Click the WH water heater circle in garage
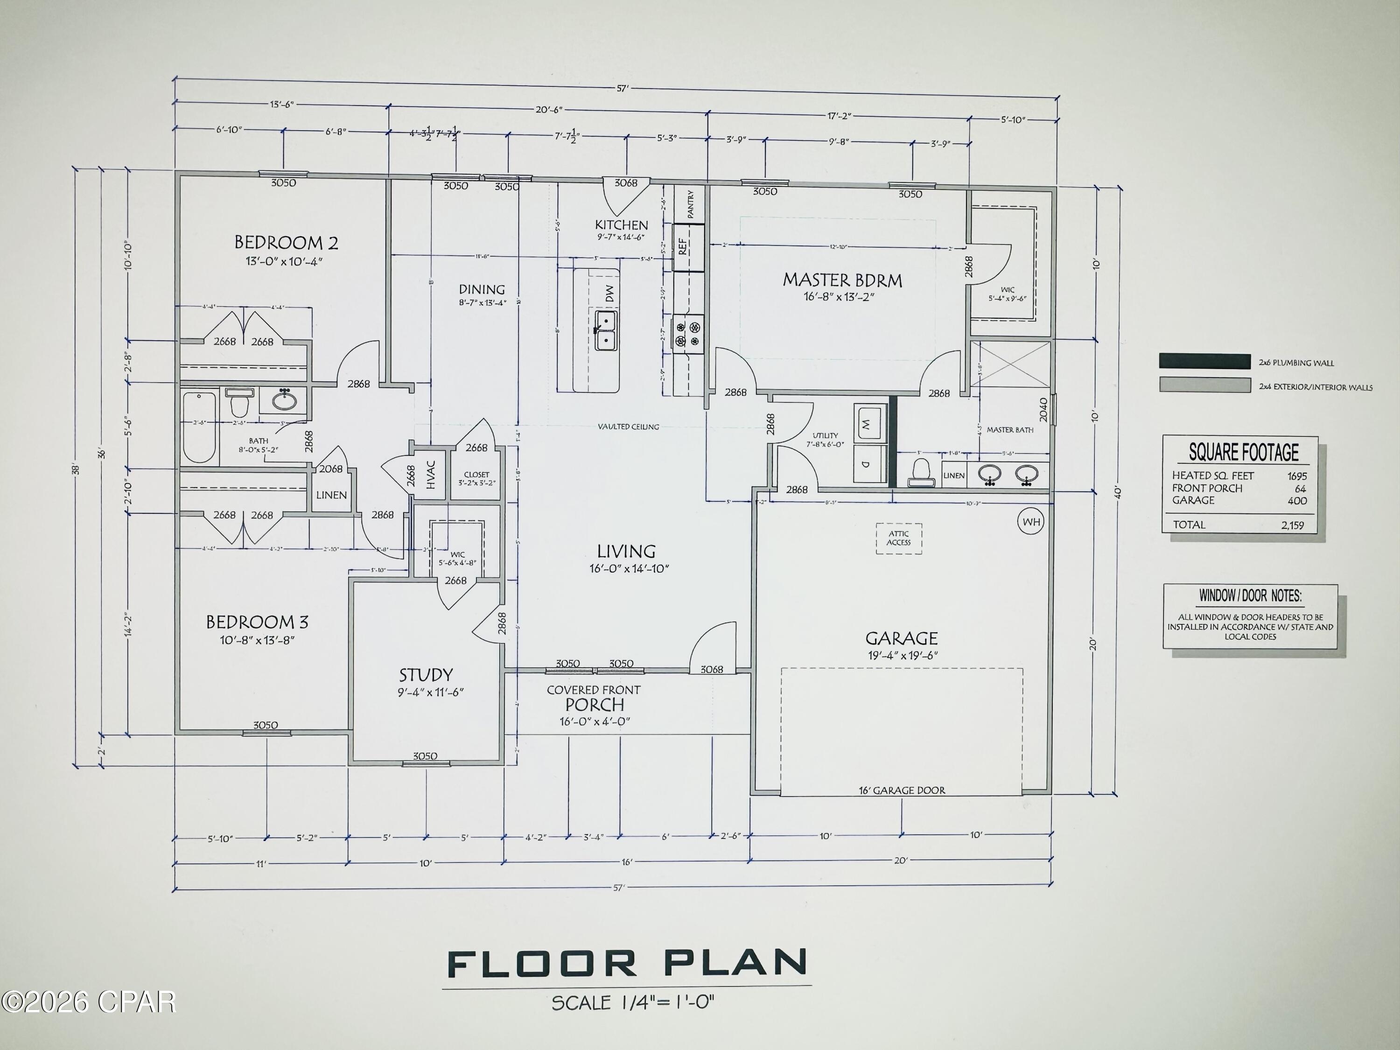1031,522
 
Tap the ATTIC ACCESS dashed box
899,538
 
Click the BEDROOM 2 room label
286,242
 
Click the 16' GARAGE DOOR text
902,790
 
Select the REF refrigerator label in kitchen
683,245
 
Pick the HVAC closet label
431,474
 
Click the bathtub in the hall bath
199,427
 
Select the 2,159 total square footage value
1292,525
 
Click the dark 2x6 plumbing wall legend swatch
1204,361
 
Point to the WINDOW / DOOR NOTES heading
1250,595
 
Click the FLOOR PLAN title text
627,964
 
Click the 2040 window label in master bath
1043,409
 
